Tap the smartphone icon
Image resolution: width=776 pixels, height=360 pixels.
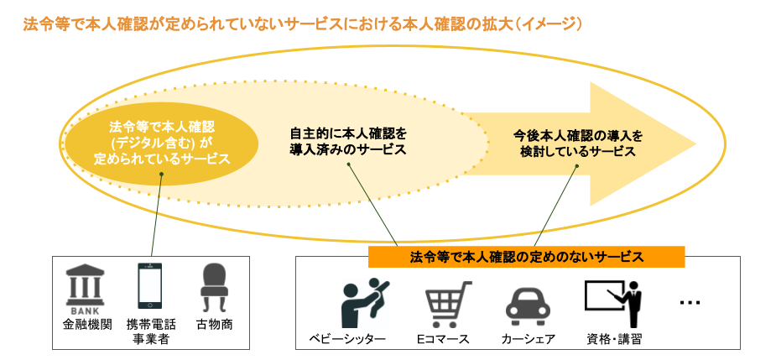150,285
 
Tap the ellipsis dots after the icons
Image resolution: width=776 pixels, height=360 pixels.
690,303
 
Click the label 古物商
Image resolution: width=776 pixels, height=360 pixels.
215,325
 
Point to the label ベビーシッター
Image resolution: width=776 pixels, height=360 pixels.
347,339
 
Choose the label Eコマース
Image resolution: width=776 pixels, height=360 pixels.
442,339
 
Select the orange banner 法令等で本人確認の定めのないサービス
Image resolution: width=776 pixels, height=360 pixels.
527,257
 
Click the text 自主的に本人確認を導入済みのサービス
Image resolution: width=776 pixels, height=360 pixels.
347,142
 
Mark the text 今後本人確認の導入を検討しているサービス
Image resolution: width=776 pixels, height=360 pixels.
578,143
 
